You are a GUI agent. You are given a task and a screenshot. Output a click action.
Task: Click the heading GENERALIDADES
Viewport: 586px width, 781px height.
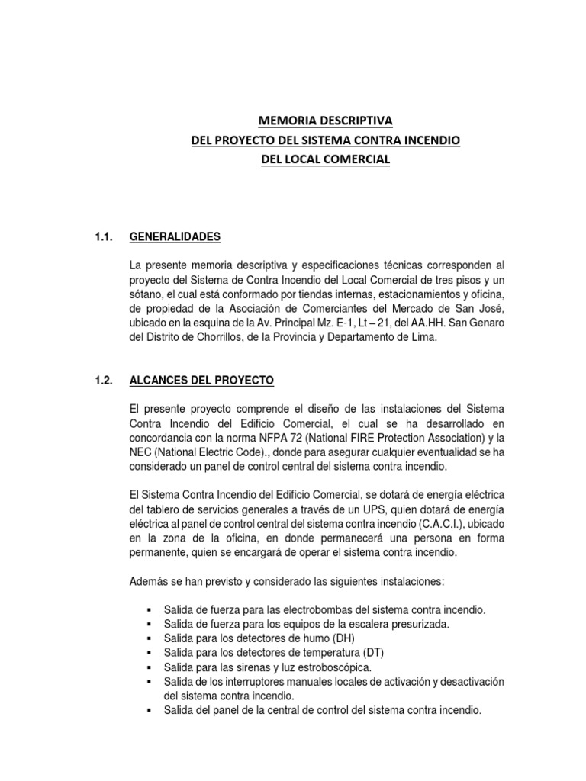click(x=175, y=237)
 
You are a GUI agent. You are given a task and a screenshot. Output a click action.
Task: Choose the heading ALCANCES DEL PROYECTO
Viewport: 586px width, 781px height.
click(x=202, y=380)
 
